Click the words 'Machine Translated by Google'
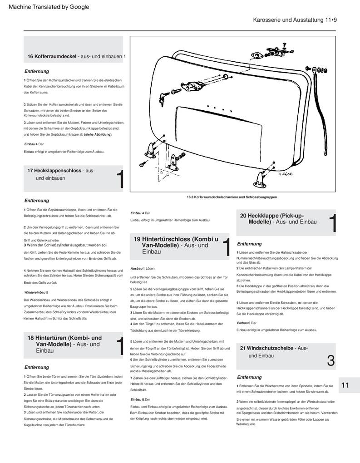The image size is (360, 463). (x=49, y=7)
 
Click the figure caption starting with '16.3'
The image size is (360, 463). (x=232, y=197)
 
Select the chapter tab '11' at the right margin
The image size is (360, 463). (x=345, y=385)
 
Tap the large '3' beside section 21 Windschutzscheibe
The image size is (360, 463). (x=330, y=361)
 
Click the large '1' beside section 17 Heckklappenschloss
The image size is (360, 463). (x=120, y=180)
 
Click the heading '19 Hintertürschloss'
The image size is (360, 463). (x=175, y=245)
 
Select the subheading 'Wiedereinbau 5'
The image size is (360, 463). (x=36, y=292)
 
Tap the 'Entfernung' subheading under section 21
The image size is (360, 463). (x=249, y=377)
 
